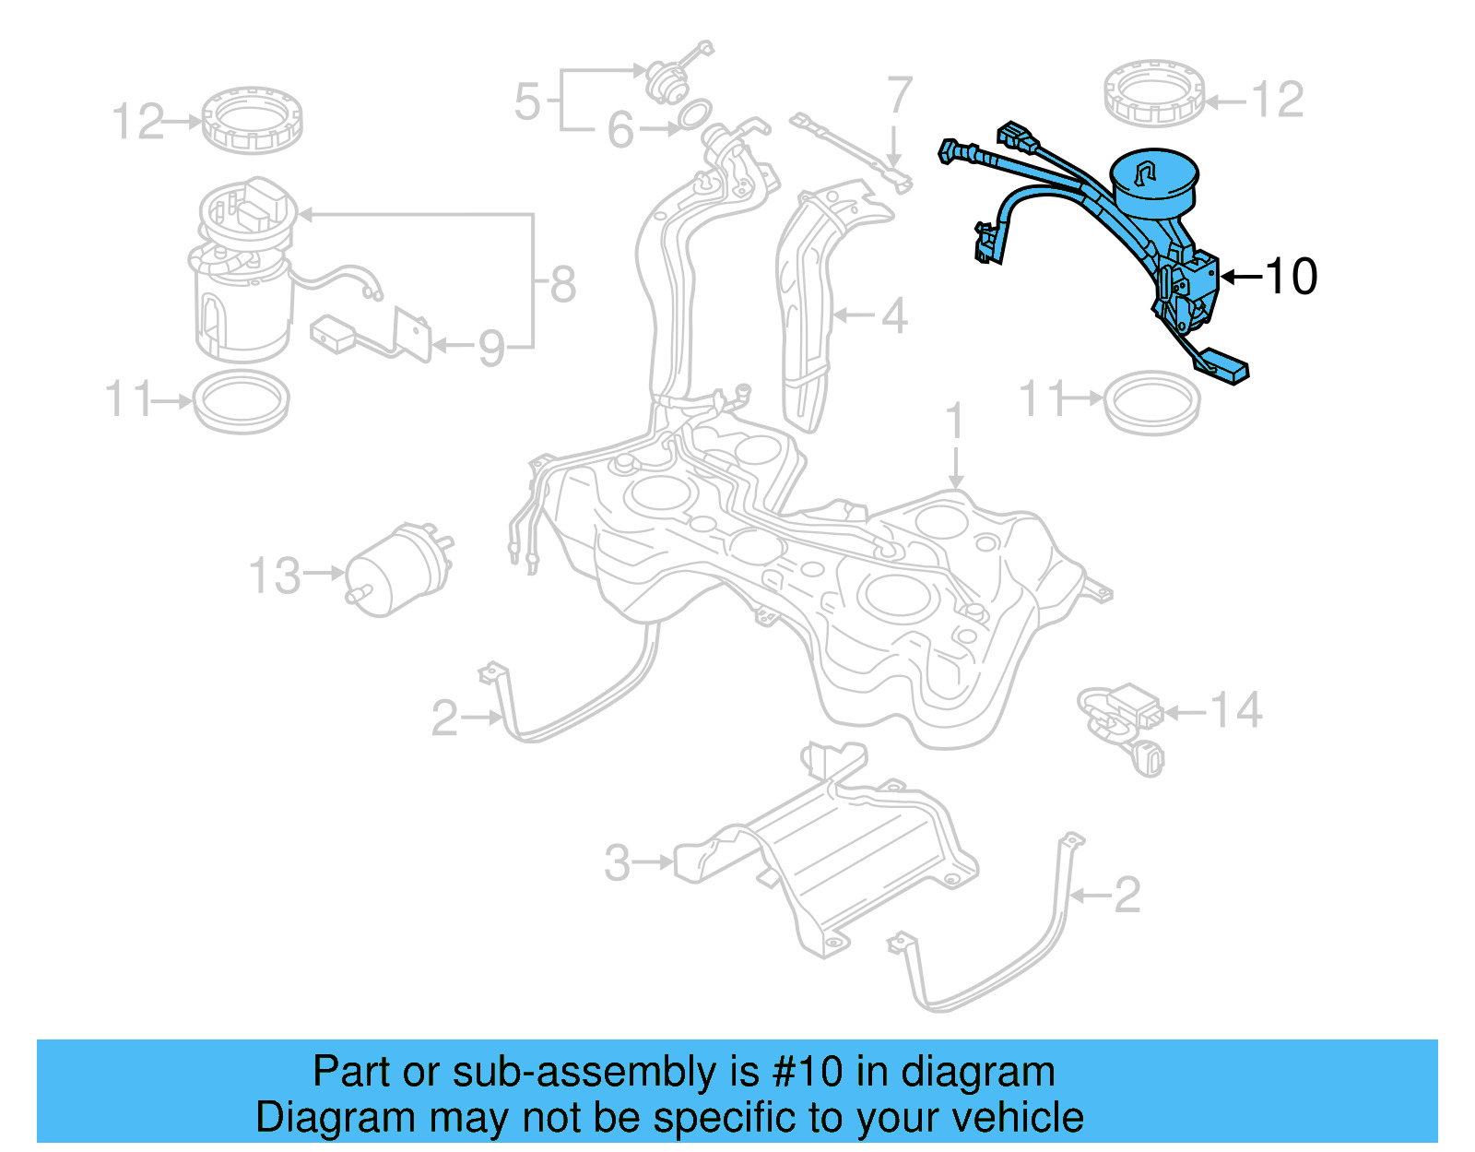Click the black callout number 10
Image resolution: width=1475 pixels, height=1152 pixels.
coord(1292,276)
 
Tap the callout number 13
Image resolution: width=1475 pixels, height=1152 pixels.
coord(275,576)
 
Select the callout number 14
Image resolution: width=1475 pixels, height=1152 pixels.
coord(1235,710)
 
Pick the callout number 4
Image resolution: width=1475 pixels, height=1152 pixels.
coord(894,315)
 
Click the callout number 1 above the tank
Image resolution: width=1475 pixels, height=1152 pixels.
coord(955,422)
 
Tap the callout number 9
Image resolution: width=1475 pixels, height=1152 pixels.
coord(491,349)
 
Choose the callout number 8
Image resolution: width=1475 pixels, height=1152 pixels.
coord(563,284)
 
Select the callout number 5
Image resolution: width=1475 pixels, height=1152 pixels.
coord(527,101)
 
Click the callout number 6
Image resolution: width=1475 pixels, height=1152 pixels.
coord(620,131)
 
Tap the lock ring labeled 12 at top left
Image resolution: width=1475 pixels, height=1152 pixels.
coord(252,120)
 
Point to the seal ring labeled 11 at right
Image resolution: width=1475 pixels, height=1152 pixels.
coord(1152,401)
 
